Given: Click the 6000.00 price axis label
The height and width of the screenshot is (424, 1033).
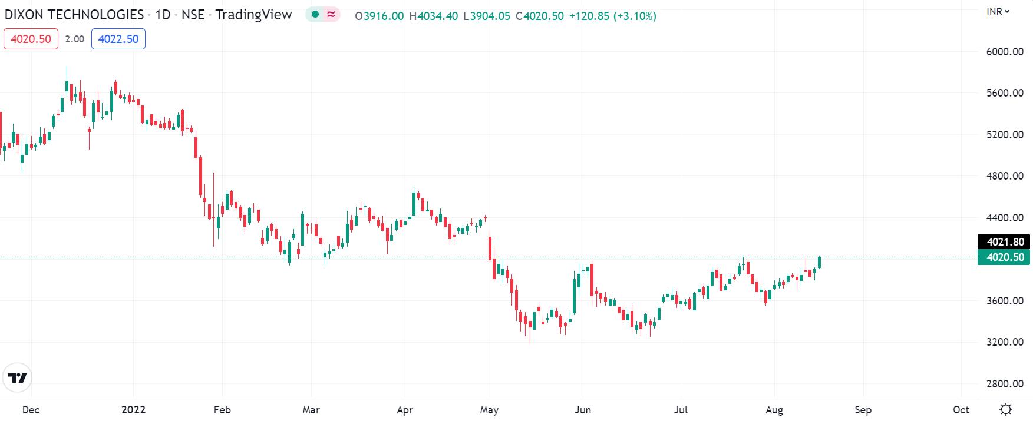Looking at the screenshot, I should pos(1005,52).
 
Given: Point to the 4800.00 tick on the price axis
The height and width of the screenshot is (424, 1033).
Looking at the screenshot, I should pos(1005,176).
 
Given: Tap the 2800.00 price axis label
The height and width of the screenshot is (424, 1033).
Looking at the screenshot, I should pos(1005,384).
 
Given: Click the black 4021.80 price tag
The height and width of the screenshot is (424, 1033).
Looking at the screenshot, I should pos(1004,242).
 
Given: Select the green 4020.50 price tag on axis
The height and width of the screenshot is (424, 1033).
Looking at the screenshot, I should pos(1004,257).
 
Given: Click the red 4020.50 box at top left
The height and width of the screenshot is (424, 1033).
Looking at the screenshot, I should pos(31,39).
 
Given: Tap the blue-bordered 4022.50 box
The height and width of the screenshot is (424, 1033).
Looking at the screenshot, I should pos(118,39).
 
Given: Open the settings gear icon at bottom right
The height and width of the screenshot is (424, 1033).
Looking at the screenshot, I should pos(1006,409).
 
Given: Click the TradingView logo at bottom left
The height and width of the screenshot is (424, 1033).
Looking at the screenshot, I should pos(17,377).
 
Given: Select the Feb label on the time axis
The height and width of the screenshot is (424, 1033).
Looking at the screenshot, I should pos(222,410).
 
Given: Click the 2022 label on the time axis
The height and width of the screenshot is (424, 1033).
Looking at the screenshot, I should pos(133,410).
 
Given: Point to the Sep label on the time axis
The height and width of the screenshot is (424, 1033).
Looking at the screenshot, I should pos(863,410).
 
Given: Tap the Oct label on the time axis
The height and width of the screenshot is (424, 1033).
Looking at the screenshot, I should pos(961,410).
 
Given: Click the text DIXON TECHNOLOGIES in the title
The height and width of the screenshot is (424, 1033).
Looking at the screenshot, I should pos(74,15).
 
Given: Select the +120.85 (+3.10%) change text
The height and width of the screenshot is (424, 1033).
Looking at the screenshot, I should pos(612,16).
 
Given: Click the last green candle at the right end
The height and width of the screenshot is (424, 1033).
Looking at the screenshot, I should pos(819,263).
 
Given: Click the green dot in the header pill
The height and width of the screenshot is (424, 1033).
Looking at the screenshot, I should pos(316,15).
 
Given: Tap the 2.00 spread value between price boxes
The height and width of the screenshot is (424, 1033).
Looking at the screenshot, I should pos(74,39).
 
